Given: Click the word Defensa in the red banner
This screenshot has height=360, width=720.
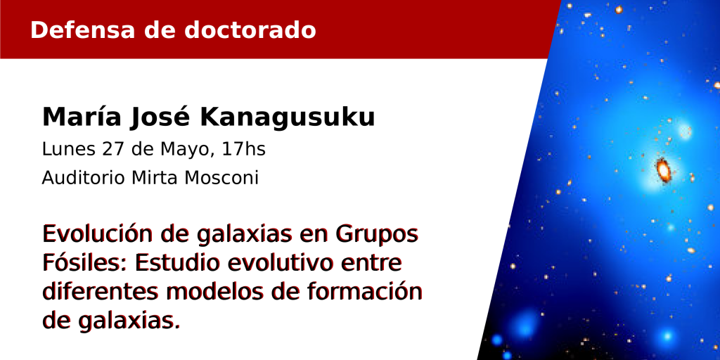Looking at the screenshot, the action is coord(83,30).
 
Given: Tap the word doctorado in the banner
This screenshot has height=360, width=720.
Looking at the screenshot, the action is coord(250,30).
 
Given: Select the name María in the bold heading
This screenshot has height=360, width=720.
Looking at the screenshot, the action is coord(82,117).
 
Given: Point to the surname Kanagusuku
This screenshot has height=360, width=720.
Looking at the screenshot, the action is coord(288,118).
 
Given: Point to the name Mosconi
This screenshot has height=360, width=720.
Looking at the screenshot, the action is coord(221,178).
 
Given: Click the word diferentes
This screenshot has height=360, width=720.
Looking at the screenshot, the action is coord(100,292).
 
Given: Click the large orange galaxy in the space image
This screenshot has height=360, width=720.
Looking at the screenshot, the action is coord(663,170).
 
